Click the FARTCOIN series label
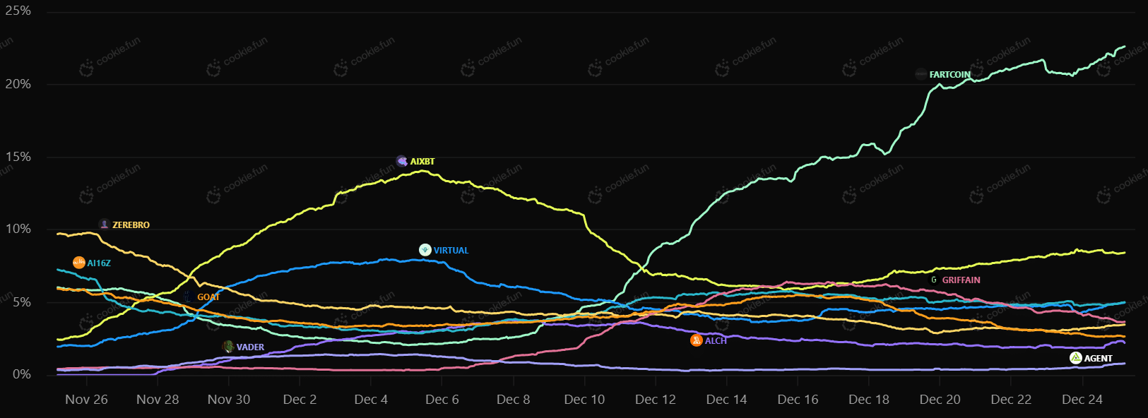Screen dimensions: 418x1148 [x=949, y=75]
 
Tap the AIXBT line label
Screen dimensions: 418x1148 [x=422, y=162]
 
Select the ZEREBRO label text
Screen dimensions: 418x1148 [x=131, y=225]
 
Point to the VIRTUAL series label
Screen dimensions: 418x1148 [x=451, y=251]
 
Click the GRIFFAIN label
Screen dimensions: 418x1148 [x=961, y=280]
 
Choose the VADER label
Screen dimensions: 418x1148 [x=250, y=347]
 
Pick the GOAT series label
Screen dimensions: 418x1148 [x=208, y=297]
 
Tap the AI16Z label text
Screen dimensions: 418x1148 [x=99, y=263]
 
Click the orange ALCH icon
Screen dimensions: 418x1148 [x=697, y=341]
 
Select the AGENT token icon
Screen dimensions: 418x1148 [x=1076, y=359]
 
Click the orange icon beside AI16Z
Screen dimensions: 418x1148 [x=79, y=263]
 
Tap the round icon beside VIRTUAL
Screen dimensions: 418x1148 [x=425, y=250]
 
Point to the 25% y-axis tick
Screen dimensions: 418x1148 [x=18, y=11]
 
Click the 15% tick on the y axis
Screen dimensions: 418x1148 [x=18, y=157]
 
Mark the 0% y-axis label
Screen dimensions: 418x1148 [x=22, y=374]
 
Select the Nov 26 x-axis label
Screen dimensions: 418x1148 [x=86, y=400]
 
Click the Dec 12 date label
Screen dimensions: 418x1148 [x=655, y=400]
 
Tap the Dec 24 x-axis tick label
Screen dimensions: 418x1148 [x=1082, y=400]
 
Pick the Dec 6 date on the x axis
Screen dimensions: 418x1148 [x=442, y=400]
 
